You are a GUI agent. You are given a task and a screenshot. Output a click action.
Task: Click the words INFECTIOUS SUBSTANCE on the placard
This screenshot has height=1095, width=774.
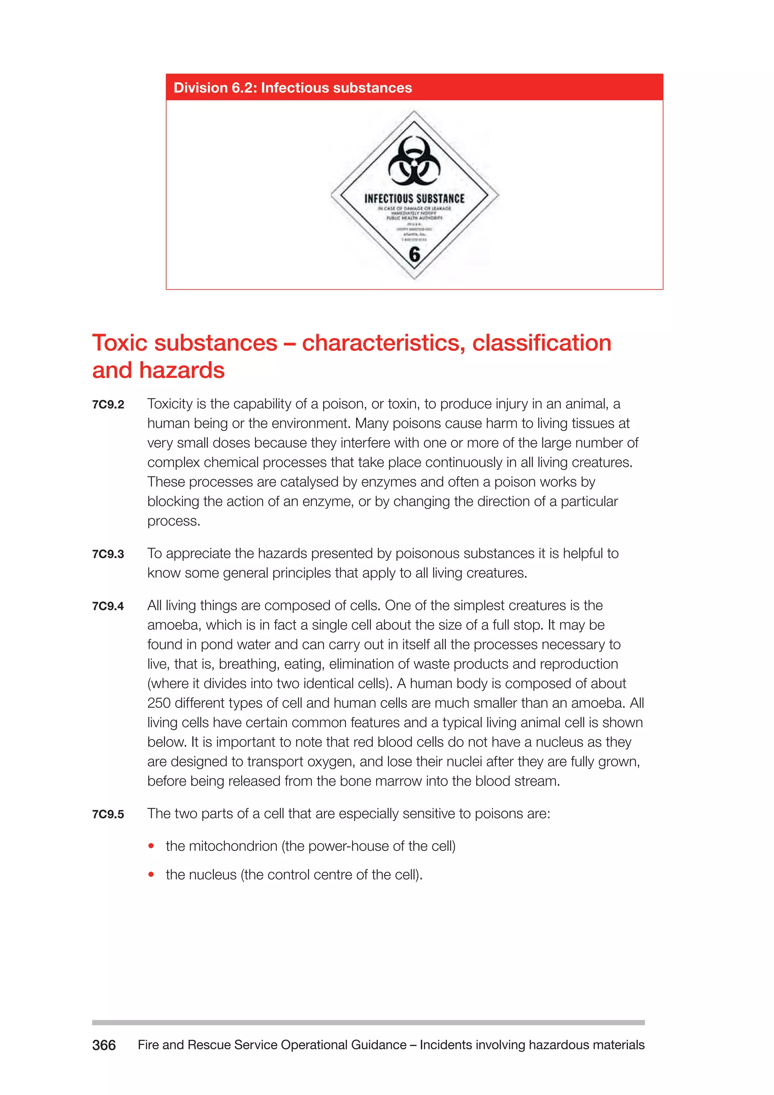(x=414, y=199)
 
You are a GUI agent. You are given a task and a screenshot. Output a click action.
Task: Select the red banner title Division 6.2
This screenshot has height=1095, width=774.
(x=293, y=88)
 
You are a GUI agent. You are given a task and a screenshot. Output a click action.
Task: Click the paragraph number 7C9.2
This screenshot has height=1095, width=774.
(x=108, y=405)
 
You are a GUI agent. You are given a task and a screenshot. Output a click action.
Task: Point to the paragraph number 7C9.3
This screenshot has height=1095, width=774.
(x=108, y=554)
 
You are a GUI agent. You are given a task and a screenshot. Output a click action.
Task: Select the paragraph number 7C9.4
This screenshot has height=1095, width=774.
(x=108, y=606)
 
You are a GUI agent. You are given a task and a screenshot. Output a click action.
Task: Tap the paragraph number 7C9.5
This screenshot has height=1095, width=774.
(x=108, y=814)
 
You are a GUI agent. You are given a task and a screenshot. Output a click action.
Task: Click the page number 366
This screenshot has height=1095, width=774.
(x=104, y=1045)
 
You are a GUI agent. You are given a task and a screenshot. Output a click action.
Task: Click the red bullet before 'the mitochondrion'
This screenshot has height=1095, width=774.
(x=151, y=846)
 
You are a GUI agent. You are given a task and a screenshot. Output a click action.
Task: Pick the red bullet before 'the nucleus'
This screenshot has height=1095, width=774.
(x=151, y=875)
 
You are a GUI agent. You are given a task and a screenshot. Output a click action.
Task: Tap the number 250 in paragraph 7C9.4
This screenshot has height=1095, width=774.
(x=159, y=703)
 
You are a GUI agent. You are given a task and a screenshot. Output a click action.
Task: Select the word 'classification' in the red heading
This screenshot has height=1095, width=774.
(x=542, y=343)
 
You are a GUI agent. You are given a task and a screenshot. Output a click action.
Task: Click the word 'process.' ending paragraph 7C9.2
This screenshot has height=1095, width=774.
(x=173, y=521)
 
